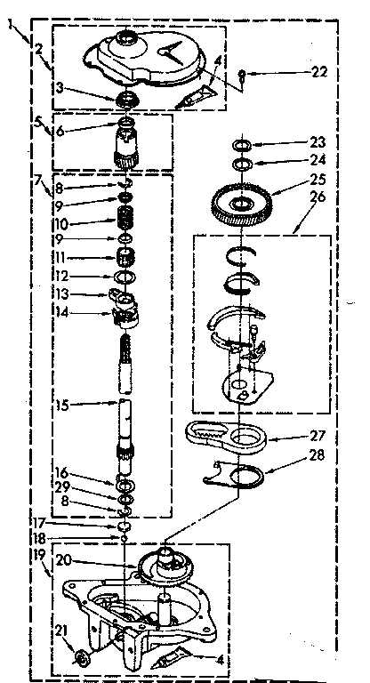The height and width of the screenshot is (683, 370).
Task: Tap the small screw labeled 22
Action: click(243, 85)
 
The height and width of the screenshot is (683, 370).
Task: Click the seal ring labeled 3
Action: click(128, 97)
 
